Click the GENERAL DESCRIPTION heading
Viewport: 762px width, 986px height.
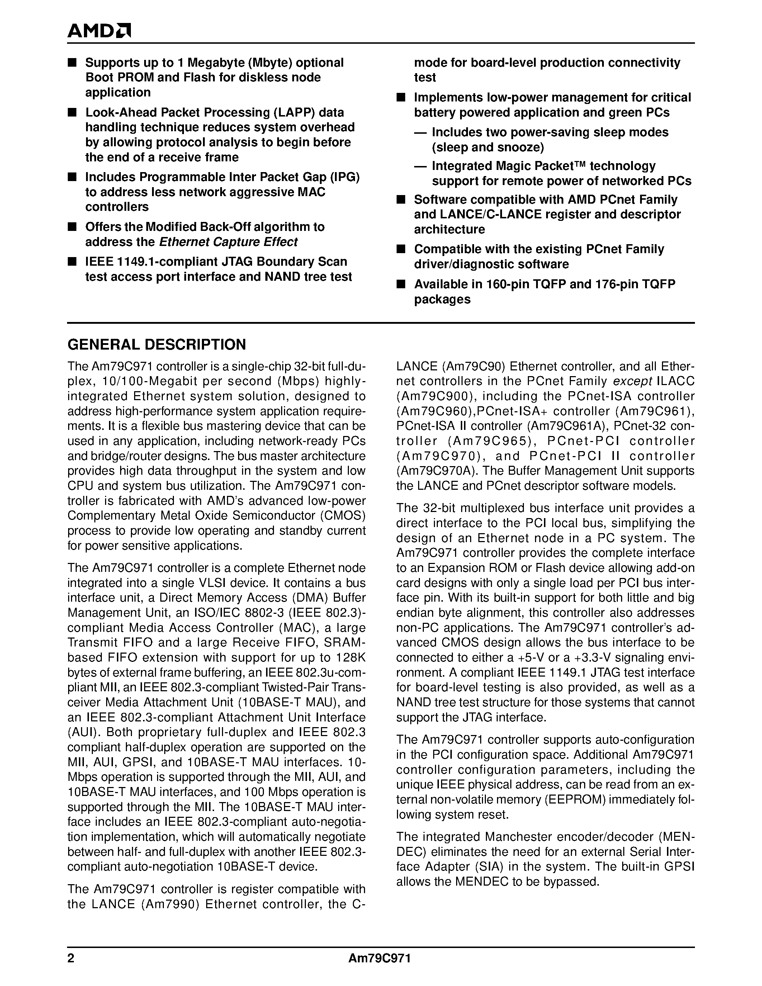point(156,345)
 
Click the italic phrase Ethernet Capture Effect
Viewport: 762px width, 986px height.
point(228,242)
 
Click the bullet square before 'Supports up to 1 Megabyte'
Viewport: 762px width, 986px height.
point(71,62)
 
